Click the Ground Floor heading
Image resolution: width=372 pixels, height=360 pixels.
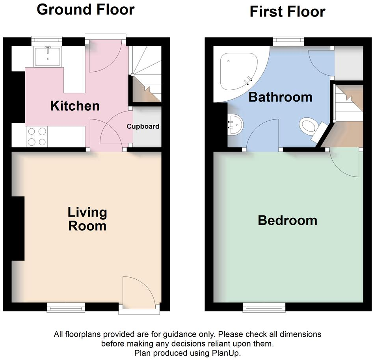pos(86,10)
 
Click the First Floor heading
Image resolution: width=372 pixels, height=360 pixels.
pos(287,12)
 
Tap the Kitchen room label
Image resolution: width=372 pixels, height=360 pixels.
pos(75,106)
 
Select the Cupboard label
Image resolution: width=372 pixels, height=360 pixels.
pos(143,126)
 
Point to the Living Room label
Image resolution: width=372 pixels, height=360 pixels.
pos(87,219)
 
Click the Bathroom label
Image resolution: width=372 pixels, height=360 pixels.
pos(280,97)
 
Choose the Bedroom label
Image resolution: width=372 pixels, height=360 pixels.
pos(287,220)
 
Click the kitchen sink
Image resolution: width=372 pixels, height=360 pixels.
pos(47,56)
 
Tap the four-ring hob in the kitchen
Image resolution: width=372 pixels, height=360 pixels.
pos(37,136)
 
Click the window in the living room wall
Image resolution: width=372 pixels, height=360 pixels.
pos(66,307)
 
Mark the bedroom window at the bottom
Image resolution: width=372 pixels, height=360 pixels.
pos(264,307)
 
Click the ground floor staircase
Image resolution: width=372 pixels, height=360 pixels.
pos(146,75)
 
